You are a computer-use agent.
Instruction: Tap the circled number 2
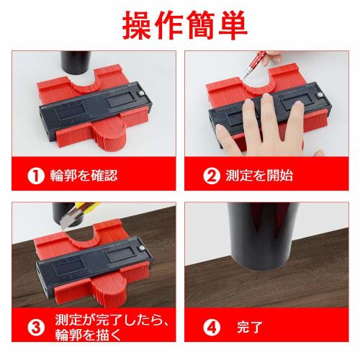[212, 175]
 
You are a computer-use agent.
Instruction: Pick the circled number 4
[212, 325]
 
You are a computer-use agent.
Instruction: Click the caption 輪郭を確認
[84, 175]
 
